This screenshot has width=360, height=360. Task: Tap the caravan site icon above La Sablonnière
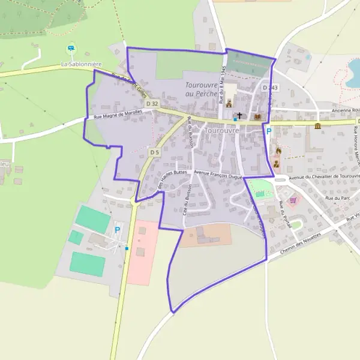pos(71,48)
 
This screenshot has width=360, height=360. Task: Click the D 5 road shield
pos(154,152)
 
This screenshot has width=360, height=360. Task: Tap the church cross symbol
pos(240,116)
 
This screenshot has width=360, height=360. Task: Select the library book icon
pos(258,116)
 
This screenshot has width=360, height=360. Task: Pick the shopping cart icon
pos(293,200)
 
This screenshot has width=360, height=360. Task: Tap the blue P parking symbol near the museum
pos(269,131)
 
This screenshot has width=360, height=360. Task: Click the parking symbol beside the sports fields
pos(117,229)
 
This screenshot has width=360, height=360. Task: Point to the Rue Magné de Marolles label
pos(118,114)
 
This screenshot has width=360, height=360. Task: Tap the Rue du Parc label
pos(337,197)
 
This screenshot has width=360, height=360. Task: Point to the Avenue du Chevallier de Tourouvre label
pos(323,178)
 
